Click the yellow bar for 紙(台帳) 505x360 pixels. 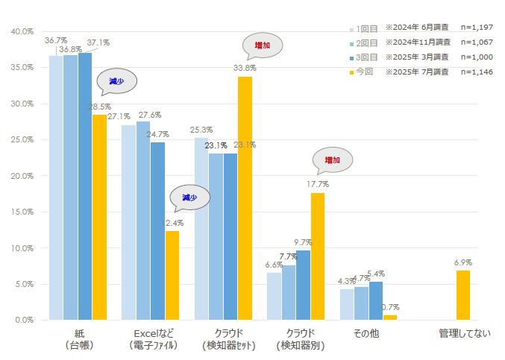[99, 217]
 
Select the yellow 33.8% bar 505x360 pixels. [245, 198]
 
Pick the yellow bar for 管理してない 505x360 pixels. [462, 295]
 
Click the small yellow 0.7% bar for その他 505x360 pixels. [390, 317]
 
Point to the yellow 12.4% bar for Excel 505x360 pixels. [172, 275]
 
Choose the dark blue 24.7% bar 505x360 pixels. [157, 231]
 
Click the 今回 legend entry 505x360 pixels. [365, 72]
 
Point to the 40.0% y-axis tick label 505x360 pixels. [22, 31]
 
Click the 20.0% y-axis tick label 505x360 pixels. [22, 176]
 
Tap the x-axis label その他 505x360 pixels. [366, 333]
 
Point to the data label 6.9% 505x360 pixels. [462, 262]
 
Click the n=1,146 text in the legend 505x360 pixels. [477, 72]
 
